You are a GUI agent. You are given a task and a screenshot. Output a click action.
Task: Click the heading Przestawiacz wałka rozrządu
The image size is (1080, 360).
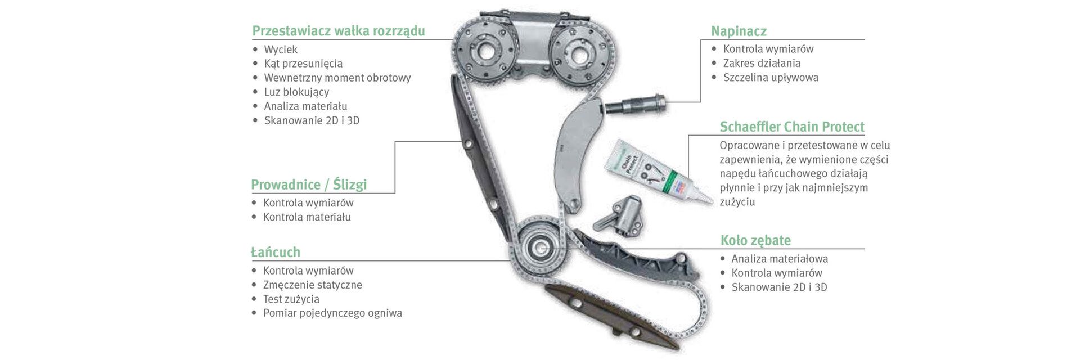coord(339,30)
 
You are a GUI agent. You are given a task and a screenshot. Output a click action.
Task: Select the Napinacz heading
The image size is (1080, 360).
coord(739,31)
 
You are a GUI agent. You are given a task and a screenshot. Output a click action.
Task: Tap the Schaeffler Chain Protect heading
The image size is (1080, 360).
coord(792,127)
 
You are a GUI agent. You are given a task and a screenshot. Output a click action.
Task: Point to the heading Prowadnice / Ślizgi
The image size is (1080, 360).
coord(309,184)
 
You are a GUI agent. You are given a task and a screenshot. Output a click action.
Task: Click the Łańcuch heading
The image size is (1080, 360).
coord(276,251)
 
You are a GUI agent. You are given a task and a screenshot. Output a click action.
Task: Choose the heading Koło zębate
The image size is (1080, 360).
coord(755,240)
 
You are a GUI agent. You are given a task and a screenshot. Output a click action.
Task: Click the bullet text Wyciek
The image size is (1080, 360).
coord(281,49)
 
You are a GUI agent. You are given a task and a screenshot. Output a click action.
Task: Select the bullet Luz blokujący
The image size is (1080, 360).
coord(296,92)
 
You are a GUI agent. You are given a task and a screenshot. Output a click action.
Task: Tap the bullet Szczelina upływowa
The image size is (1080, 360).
coord(771,78)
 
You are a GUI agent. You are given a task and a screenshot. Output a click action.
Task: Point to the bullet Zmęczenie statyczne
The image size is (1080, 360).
coord(312,285)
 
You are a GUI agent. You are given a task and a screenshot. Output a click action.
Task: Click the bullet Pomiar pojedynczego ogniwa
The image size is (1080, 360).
coord(332,313)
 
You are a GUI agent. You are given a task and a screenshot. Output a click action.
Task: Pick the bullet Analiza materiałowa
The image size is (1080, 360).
coord(780,259)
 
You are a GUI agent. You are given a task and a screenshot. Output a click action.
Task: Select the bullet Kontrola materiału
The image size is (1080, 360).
coord(307,217)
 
